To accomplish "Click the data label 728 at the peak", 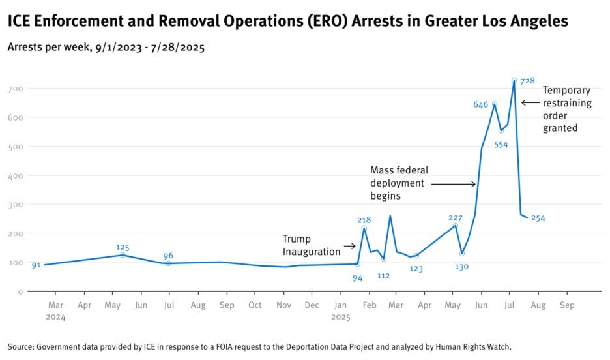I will click(x=527, y=81).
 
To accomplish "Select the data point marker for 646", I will click(x=495, y=104).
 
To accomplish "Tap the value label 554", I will click(x=501, y=145).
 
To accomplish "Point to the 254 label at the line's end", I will click(x=538, y=218).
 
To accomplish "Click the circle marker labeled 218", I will click(x=364, y=228).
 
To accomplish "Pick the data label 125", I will click(x=123, y=247).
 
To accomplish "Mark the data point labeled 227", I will click(x=456, y=226).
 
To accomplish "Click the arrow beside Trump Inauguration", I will click(x=349, y=246).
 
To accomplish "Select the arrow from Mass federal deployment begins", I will click(x=454, y=185).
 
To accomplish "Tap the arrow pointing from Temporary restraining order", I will click(x=530, y=102).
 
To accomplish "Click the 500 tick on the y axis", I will click(x=16, y=147).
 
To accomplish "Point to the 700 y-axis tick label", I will click(x=16, y=89).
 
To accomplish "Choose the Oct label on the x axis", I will click(x=255, y=305).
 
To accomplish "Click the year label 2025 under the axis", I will click(x=341, y=317).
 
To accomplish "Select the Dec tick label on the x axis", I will click(x=312, y=305).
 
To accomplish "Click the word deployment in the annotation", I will click(x=397, y=183).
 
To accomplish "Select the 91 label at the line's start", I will click(x=36, y=265).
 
